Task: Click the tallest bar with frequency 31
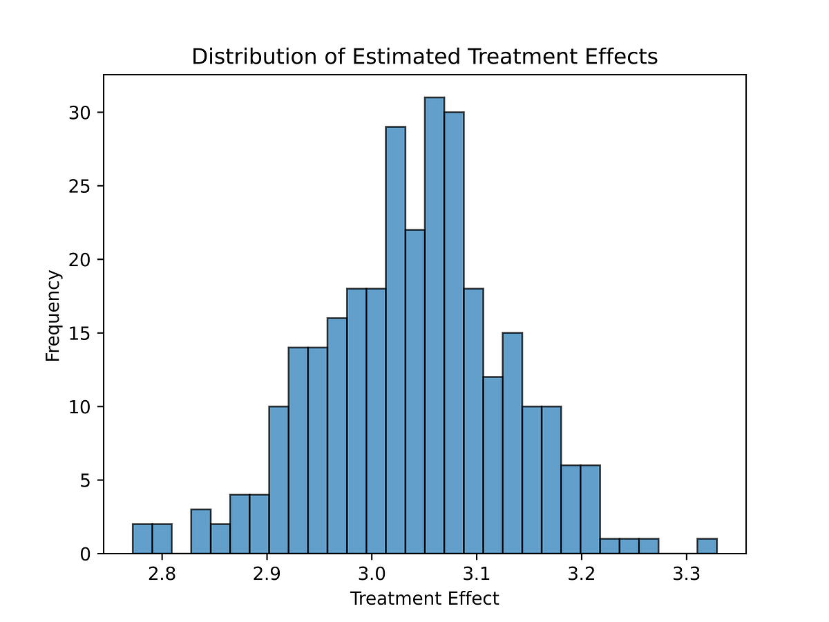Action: pos(435,325)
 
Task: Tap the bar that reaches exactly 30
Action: pos(454,332)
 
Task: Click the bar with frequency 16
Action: pos(337,435)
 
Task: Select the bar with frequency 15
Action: pos(512,443)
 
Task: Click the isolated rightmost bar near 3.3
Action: pos(707,546)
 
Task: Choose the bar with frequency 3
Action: pos(200,531)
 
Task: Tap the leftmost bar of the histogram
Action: pos(142,539)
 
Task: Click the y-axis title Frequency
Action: pos(53,315)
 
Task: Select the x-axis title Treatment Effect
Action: pos(424,599)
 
